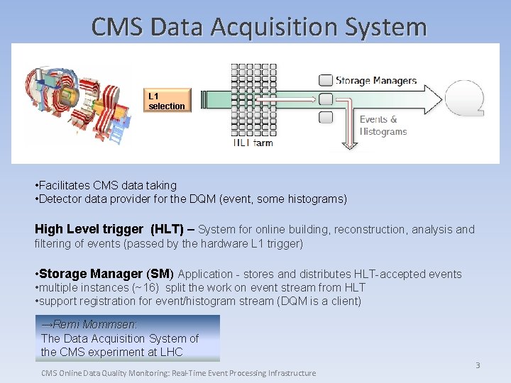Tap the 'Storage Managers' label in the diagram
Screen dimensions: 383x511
[x=375, y=81]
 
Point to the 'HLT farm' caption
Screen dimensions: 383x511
[x=253, y=143]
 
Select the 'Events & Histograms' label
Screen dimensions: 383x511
[x=383, y=126]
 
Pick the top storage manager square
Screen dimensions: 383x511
[x=326, y=80]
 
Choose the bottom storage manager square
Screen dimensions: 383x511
[x=326, y=118]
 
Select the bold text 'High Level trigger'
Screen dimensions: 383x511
[x=89, y=229]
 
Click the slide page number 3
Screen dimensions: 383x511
[x=478, y=365]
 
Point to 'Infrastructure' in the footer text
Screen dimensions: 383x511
[x=287, y=373]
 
